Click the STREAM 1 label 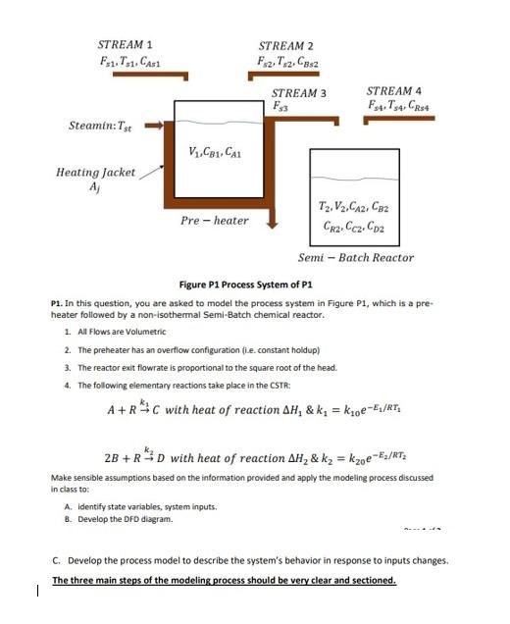(x=125, y=45)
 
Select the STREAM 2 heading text (x=286, y=46)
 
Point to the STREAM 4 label (x=394, y=89)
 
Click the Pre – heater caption (x=215, y=220)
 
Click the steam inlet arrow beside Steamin (x=154, y=127)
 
